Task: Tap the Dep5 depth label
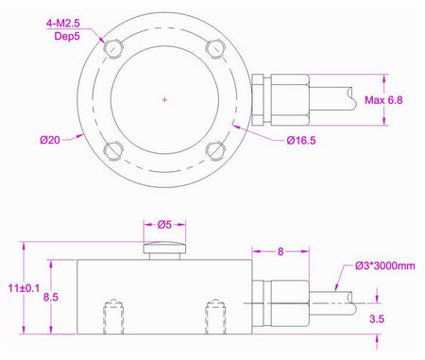pos(58,32)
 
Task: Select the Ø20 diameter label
pos(49,140)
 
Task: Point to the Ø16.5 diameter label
pos(302,141)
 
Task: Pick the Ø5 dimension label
pos(164,226)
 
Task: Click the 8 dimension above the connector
pos(281,252)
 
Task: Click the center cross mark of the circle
pos(164,99)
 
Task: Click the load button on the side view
pos(164,249)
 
